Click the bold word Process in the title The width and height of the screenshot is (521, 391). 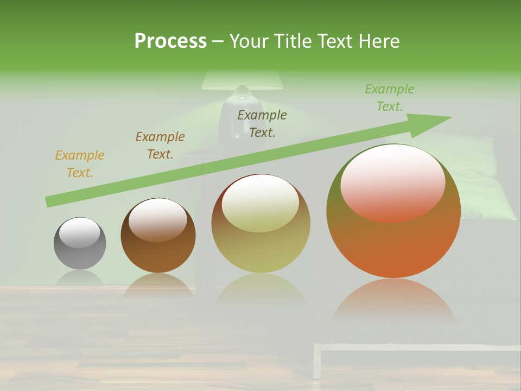click(x=170, y=41)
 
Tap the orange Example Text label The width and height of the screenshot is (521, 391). click(x=80, y=164)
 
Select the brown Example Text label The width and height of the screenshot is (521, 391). click(x=160, y=146)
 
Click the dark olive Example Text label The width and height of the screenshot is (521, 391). click(x=262, y=123)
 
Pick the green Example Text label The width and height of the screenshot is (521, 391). click(x=389, y=97)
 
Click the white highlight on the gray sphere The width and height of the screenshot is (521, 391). click(x=79, y=232)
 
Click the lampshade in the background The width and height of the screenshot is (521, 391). click(x=242, y=80)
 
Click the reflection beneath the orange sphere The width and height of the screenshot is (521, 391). click(x=393, y=301)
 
